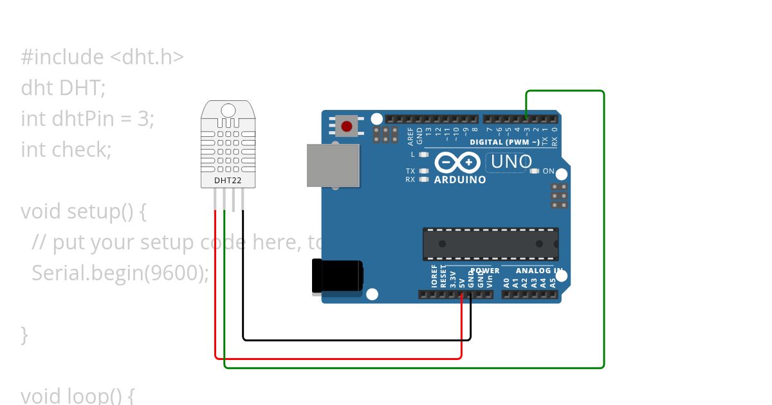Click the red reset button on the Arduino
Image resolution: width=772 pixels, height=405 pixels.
(x=347, y=126)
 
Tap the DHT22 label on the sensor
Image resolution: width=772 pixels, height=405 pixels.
(x=228, y=181)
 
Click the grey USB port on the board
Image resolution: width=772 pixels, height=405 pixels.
(x=333, y=165)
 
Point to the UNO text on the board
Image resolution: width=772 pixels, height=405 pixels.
(x=511, y=162)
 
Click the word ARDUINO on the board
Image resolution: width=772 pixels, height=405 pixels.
(x=460, y=180)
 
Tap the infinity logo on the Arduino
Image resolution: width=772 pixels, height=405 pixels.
(x=457, y=162)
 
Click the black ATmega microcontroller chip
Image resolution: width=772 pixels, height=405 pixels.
(x=490, y=244)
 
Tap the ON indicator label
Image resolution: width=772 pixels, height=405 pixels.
(x=548, y=171)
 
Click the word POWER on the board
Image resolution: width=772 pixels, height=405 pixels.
(x=484, y=271)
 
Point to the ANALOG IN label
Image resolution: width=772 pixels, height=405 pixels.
(x=531, y=271)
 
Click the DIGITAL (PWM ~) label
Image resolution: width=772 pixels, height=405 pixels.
(x=504, y=142)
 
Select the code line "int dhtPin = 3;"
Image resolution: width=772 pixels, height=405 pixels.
(x=87, y=119)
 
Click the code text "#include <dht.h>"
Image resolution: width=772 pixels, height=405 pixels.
(x=102, y=57)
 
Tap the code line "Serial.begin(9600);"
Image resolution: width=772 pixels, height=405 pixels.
(x=120, y=273)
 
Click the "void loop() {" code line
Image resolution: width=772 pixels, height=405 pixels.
(x=77, y=395)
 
